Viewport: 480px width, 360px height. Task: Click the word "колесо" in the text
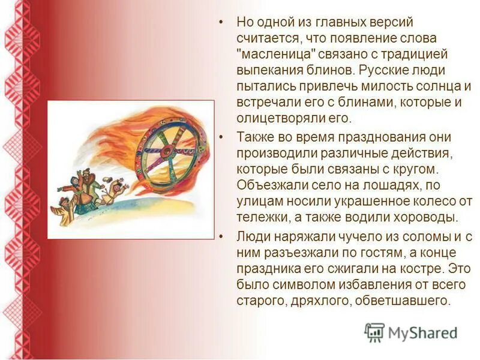(x=433, y=200)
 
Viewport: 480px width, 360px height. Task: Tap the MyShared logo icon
(x=374, y=332)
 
